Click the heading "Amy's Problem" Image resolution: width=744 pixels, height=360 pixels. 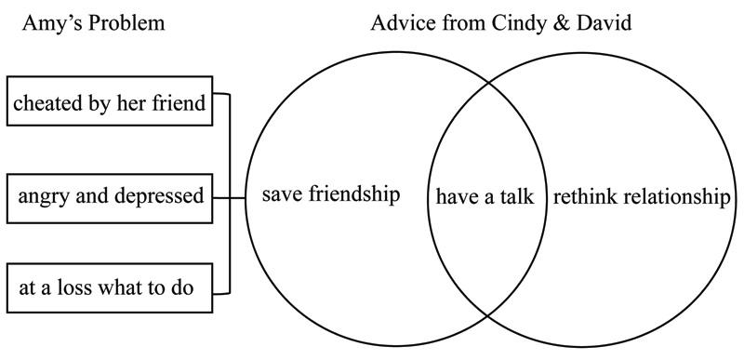click(94, 23)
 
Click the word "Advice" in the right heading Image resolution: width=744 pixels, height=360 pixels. click(404, 22)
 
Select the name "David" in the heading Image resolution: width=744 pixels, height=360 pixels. click(604, 22)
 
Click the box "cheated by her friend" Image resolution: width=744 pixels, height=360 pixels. click(110, 101)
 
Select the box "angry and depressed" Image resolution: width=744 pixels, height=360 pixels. click(110, 198)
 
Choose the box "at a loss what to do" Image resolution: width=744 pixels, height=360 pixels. click(110, 287)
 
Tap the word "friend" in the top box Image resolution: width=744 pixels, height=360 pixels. click(179, 102)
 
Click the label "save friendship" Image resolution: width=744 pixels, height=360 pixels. click(331, 194)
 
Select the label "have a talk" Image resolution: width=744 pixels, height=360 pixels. click(485, 196)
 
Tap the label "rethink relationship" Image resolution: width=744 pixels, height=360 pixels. click(642, 197)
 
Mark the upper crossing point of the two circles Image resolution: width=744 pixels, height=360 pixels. click(487, 83)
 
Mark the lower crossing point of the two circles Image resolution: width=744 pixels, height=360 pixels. click(487, 315)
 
